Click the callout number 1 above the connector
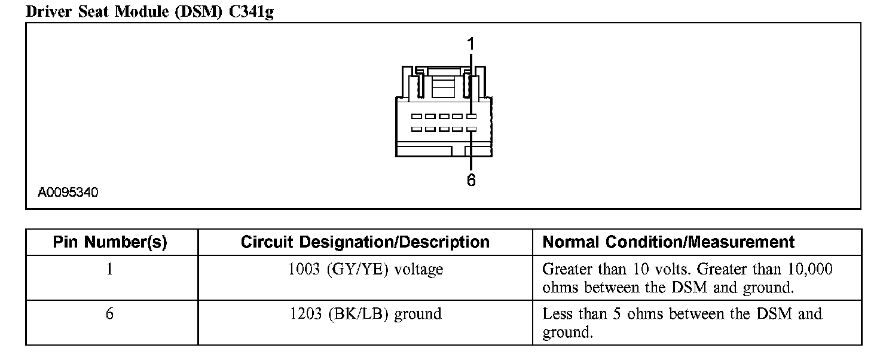[470, 44]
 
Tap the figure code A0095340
[68, 193]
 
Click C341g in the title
[251, 12]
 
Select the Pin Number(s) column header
[110, 242]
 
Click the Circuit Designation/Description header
[365, 242]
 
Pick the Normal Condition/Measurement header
[668, 242]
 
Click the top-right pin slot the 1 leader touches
[472, 117]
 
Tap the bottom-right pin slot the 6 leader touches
[472, 129]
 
